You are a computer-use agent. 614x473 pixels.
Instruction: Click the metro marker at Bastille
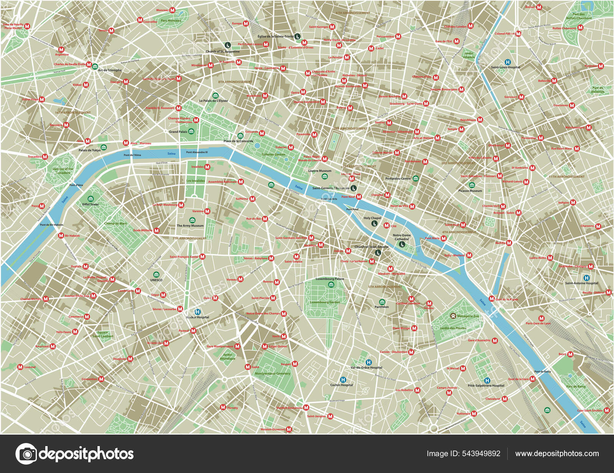coord(509,243)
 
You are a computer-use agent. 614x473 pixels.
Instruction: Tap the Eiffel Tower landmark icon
coord(91,199)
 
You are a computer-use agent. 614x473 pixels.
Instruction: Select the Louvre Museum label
coord(320,171)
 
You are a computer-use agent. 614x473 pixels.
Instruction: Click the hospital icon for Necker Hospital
coord(198,312)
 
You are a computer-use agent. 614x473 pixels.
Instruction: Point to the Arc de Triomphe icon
coord(95,66)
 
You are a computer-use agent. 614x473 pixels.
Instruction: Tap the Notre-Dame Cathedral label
coord(402,237)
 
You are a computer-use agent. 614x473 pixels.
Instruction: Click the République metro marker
coord(480,120)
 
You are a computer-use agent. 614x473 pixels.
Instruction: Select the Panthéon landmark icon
coord(381,302)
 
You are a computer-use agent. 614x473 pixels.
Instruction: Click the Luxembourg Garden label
coord(325,302)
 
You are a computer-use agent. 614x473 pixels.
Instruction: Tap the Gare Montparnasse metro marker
coord(237,346)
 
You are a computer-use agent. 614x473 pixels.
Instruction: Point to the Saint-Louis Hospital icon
coord(508,62)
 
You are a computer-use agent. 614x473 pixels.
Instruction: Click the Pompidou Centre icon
coord(415,179)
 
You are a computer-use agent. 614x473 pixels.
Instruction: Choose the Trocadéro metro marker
coord(45,157)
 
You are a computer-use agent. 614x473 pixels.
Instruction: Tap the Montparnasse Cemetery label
coord(272,373)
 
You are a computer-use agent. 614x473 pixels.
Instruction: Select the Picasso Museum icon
coord(472,185)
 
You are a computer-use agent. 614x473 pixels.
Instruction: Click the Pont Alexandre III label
coord(197,152)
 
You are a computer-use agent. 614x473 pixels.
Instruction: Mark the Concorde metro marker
coord(262,133)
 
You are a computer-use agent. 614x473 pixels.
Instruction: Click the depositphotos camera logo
coord(26,454)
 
